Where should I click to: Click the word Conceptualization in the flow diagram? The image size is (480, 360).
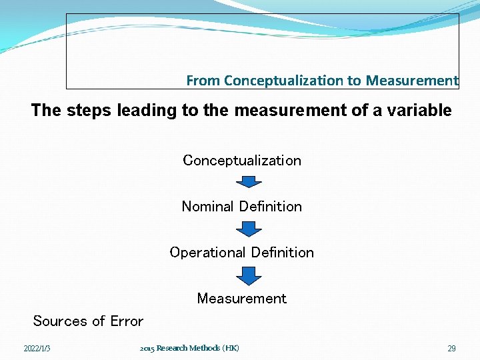(x=241, y=161)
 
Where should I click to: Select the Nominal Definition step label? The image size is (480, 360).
(x=241, y=207)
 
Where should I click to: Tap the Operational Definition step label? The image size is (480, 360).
(x=241, y=253)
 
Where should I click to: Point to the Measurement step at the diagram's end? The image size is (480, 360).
(x=241, y=299)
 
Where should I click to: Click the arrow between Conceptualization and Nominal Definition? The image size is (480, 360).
(x=249, y=182)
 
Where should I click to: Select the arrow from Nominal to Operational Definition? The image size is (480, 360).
(x=249, y=229)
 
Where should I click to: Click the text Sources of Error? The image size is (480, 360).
(x=88, y=321)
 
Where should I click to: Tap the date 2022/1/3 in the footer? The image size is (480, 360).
(x=37, y=349)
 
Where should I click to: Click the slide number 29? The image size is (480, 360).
(x=451, y=349)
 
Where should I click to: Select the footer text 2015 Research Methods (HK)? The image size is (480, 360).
(x=189, y=348)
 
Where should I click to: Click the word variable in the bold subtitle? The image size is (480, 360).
(x=420, y=111)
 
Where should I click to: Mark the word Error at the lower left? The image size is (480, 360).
(x=127, y=321)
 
